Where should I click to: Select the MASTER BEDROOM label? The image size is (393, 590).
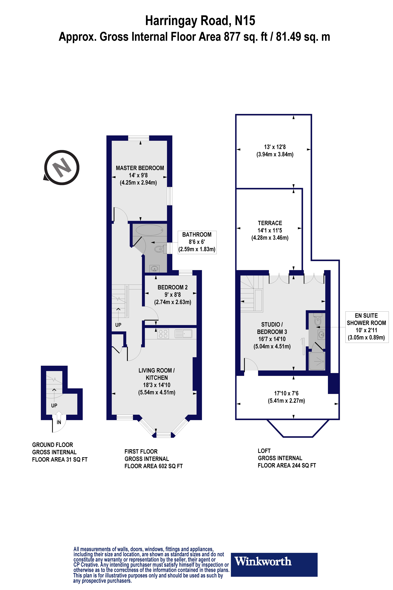pos(140,168)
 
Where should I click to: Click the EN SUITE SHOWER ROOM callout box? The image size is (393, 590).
pos(367,327)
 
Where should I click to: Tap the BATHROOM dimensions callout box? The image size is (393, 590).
pos(197,242)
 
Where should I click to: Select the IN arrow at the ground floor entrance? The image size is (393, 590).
pos(59,415)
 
